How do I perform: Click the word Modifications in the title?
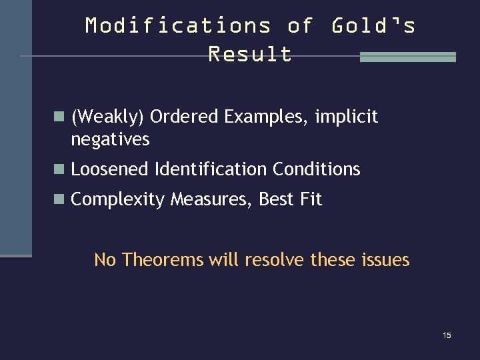click(178, 26)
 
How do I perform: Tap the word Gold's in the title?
click(373, 26)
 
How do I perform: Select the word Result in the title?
click(250, 54)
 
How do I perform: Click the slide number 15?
click(447, 335)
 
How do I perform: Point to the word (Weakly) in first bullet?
click(107, 117)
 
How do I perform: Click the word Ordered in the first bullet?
click(185, 117)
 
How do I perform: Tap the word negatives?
click(110, 139)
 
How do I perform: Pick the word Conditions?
click(316, 169)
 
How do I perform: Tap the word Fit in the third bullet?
click(311, 199)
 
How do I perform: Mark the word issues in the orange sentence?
click(385, 259)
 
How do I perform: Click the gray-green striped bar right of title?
click(407, 57)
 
